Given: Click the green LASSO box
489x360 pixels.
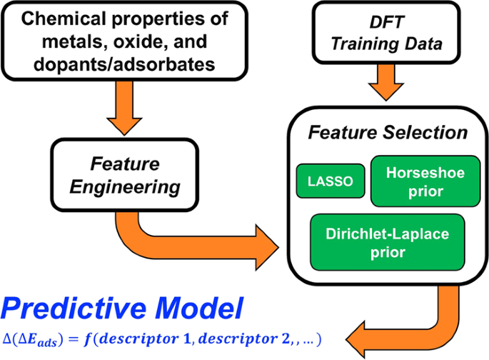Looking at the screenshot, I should pos(331,181).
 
